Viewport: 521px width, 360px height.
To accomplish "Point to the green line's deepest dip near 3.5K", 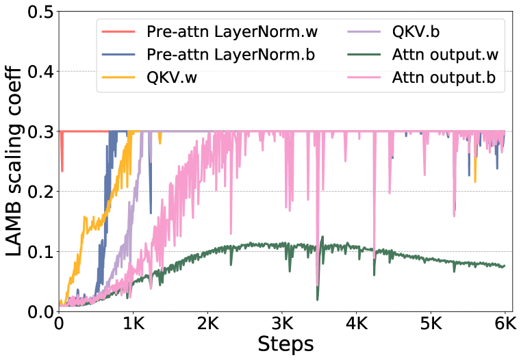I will (318, 299).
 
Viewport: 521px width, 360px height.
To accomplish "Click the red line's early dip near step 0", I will (62, 171).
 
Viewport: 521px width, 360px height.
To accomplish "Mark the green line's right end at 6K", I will (505, 266).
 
